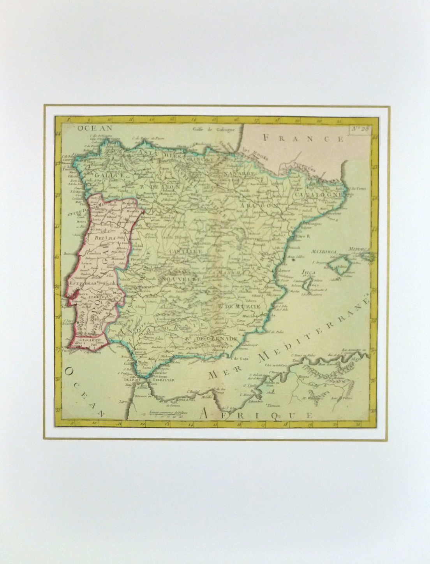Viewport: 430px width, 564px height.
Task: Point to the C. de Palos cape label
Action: (275, 332)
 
